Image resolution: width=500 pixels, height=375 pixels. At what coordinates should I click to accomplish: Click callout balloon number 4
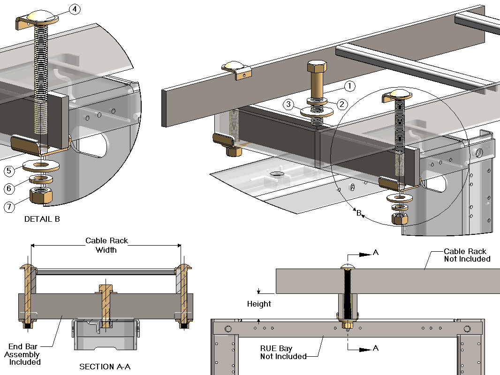(x=75, y=9)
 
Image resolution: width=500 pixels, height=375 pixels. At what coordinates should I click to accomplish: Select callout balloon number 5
(x=9, y=171)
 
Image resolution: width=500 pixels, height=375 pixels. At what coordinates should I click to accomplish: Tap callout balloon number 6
(x=9, y=188)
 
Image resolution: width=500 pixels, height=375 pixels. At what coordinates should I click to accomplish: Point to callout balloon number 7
(x=9, y=206)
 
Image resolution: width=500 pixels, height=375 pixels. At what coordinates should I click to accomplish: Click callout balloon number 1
(x=349, y=86)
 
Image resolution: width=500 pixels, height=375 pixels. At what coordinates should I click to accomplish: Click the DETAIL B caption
(x=42, y=219)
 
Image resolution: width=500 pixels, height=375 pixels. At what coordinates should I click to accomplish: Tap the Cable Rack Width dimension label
(x=106, y=245)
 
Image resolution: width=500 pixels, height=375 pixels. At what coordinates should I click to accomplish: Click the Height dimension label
(x=259, y=304)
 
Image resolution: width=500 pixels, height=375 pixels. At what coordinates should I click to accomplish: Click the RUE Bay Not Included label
(x=283, y=352)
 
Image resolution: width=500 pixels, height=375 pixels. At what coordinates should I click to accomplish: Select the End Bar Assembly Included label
(x=23, y=355)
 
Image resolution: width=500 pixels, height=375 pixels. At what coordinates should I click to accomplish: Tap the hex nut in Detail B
(x=41, y=195)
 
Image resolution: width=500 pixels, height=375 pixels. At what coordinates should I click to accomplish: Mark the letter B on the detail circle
(x=359, y=214)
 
